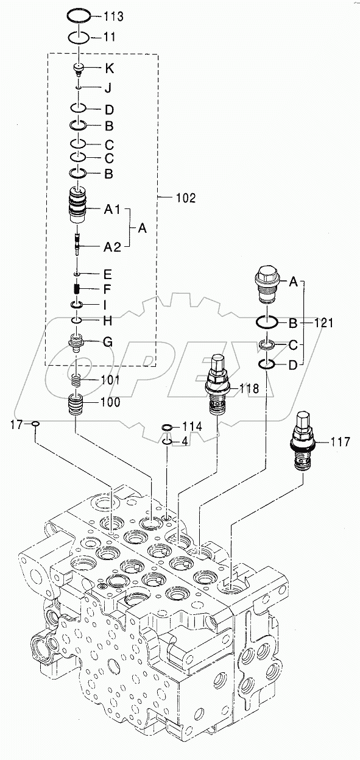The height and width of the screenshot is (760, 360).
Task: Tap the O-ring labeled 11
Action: [80, 38]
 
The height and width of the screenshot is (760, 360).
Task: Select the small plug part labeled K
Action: [79, 69]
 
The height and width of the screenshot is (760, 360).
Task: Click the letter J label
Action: [108, 88]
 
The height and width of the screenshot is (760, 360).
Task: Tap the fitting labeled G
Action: [77, 343]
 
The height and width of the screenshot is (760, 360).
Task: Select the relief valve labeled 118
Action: [216, 383]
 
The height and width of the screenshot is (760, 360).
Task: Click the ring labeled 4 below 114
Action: [167, 441]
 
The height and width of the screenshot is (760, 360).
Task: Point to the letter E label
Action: [108, 273]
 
